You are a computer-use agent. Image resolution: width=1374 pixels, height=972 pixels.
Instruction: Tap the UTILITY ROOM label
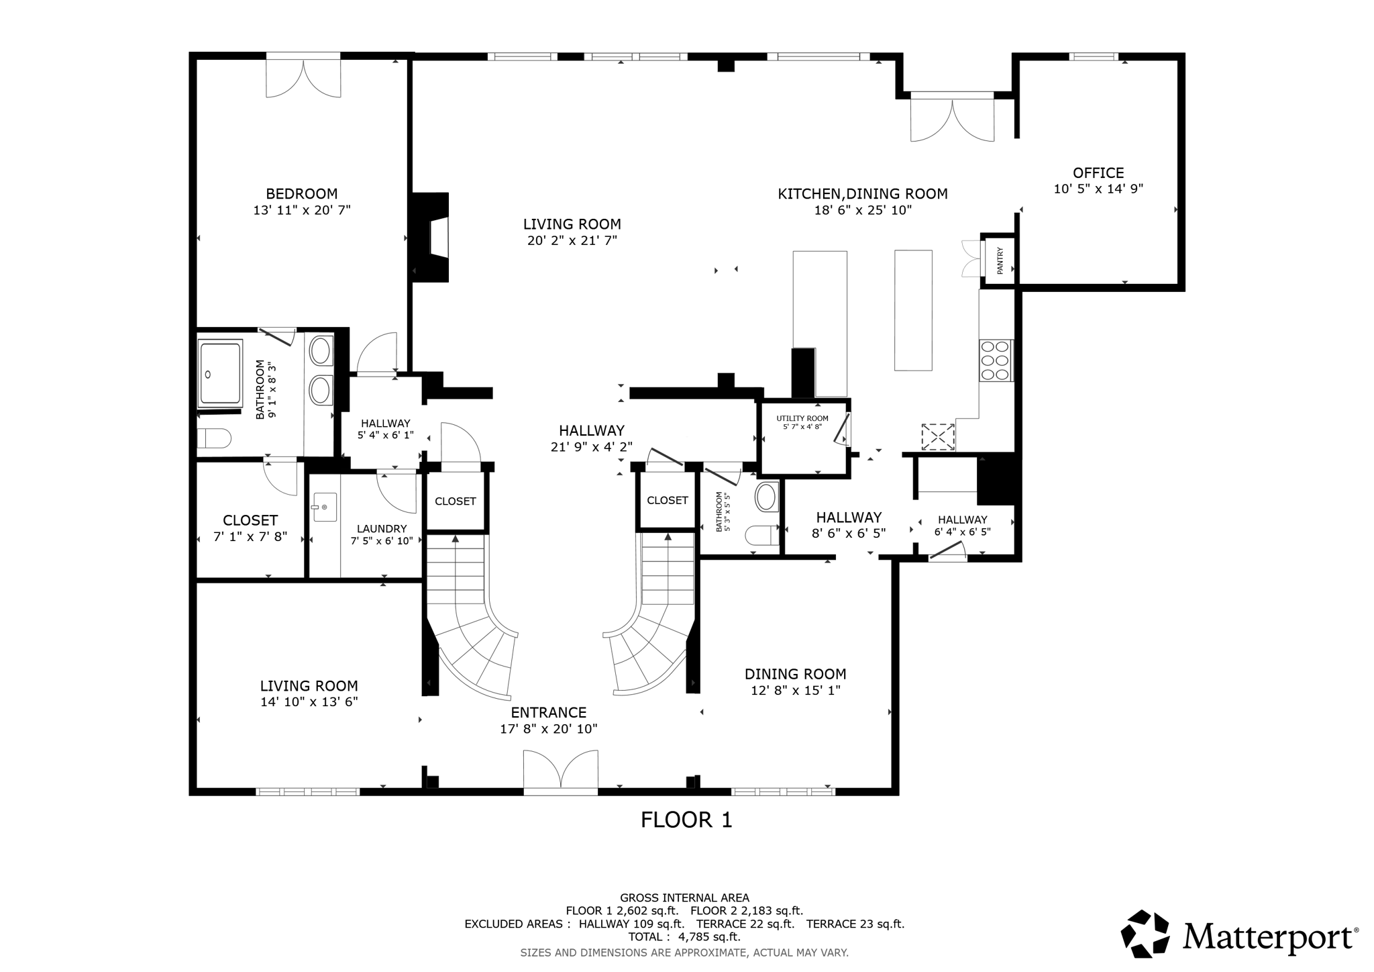(802, 418)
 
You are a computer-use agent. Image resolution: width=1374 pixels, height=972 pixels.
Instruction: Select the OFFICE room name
(1098, 173)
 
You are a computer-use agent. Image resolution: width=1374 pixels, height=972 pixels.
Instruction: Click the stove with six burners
(995, 360)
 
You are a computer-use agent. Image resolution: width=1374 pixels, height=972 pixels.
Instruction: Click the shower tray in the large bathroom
(219, 374)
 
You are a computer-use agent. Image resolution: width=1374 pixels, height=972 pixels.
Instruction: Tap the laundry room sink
(325, 507)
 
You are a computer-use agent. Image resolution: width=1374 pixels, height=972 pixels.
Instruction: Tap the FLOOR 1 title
(686, 820)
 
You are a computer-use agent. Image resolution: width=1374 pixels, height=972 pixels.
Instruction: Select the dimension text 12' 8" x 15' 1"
(795, 690)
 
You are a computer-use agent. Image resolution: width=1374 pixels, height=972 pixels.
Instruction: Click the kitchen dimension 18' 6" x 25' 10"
(862, 210)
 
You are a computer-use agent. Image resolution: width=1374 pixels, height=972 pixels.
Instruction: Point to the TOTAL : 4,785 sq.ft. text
(684, 936)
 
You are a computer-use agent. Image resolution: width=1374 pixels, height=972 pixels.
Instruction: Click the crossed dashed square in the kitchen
(937, 436)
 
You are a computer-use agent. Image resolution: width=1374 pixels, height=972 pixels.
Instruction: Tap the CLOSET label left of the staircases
(455, 501)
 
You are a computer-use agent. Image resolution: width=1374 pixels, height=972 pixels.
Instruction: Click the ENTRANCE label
(548, 712)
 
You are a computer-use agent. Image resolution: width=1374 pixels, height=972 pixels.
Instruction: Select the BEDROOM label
(301, 194)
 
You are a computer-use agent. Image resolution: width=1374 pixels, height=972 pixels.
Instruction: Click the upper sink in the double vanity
(321, 351)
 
